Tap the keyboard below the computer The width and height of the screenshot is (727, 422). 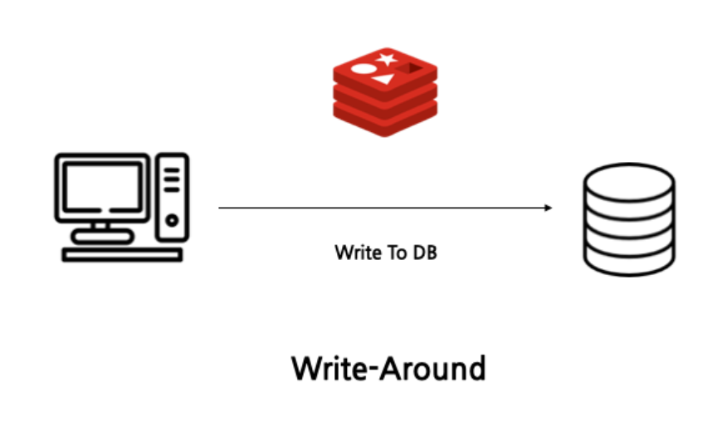click(122, 254)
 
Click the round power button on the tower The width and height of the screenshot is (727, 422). click(172, 220)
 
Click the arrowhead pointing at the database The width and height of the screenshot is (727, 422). click(548, 208)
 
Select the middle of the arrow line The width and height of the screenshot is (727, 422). click(384, 208)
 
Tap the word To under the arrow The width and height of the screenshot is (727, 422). click(394, 252)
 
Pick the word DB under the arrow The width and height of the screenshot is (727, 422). click(424, 252)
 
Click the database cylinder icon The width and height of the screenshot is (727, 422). click(628, 218)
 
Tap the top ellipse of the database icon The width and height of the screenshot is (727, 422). click(628, 179)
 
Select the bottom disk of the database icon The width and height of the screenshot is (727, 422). click(628, 260)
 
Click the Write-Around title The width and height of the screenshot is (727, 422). click(388, 367)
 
